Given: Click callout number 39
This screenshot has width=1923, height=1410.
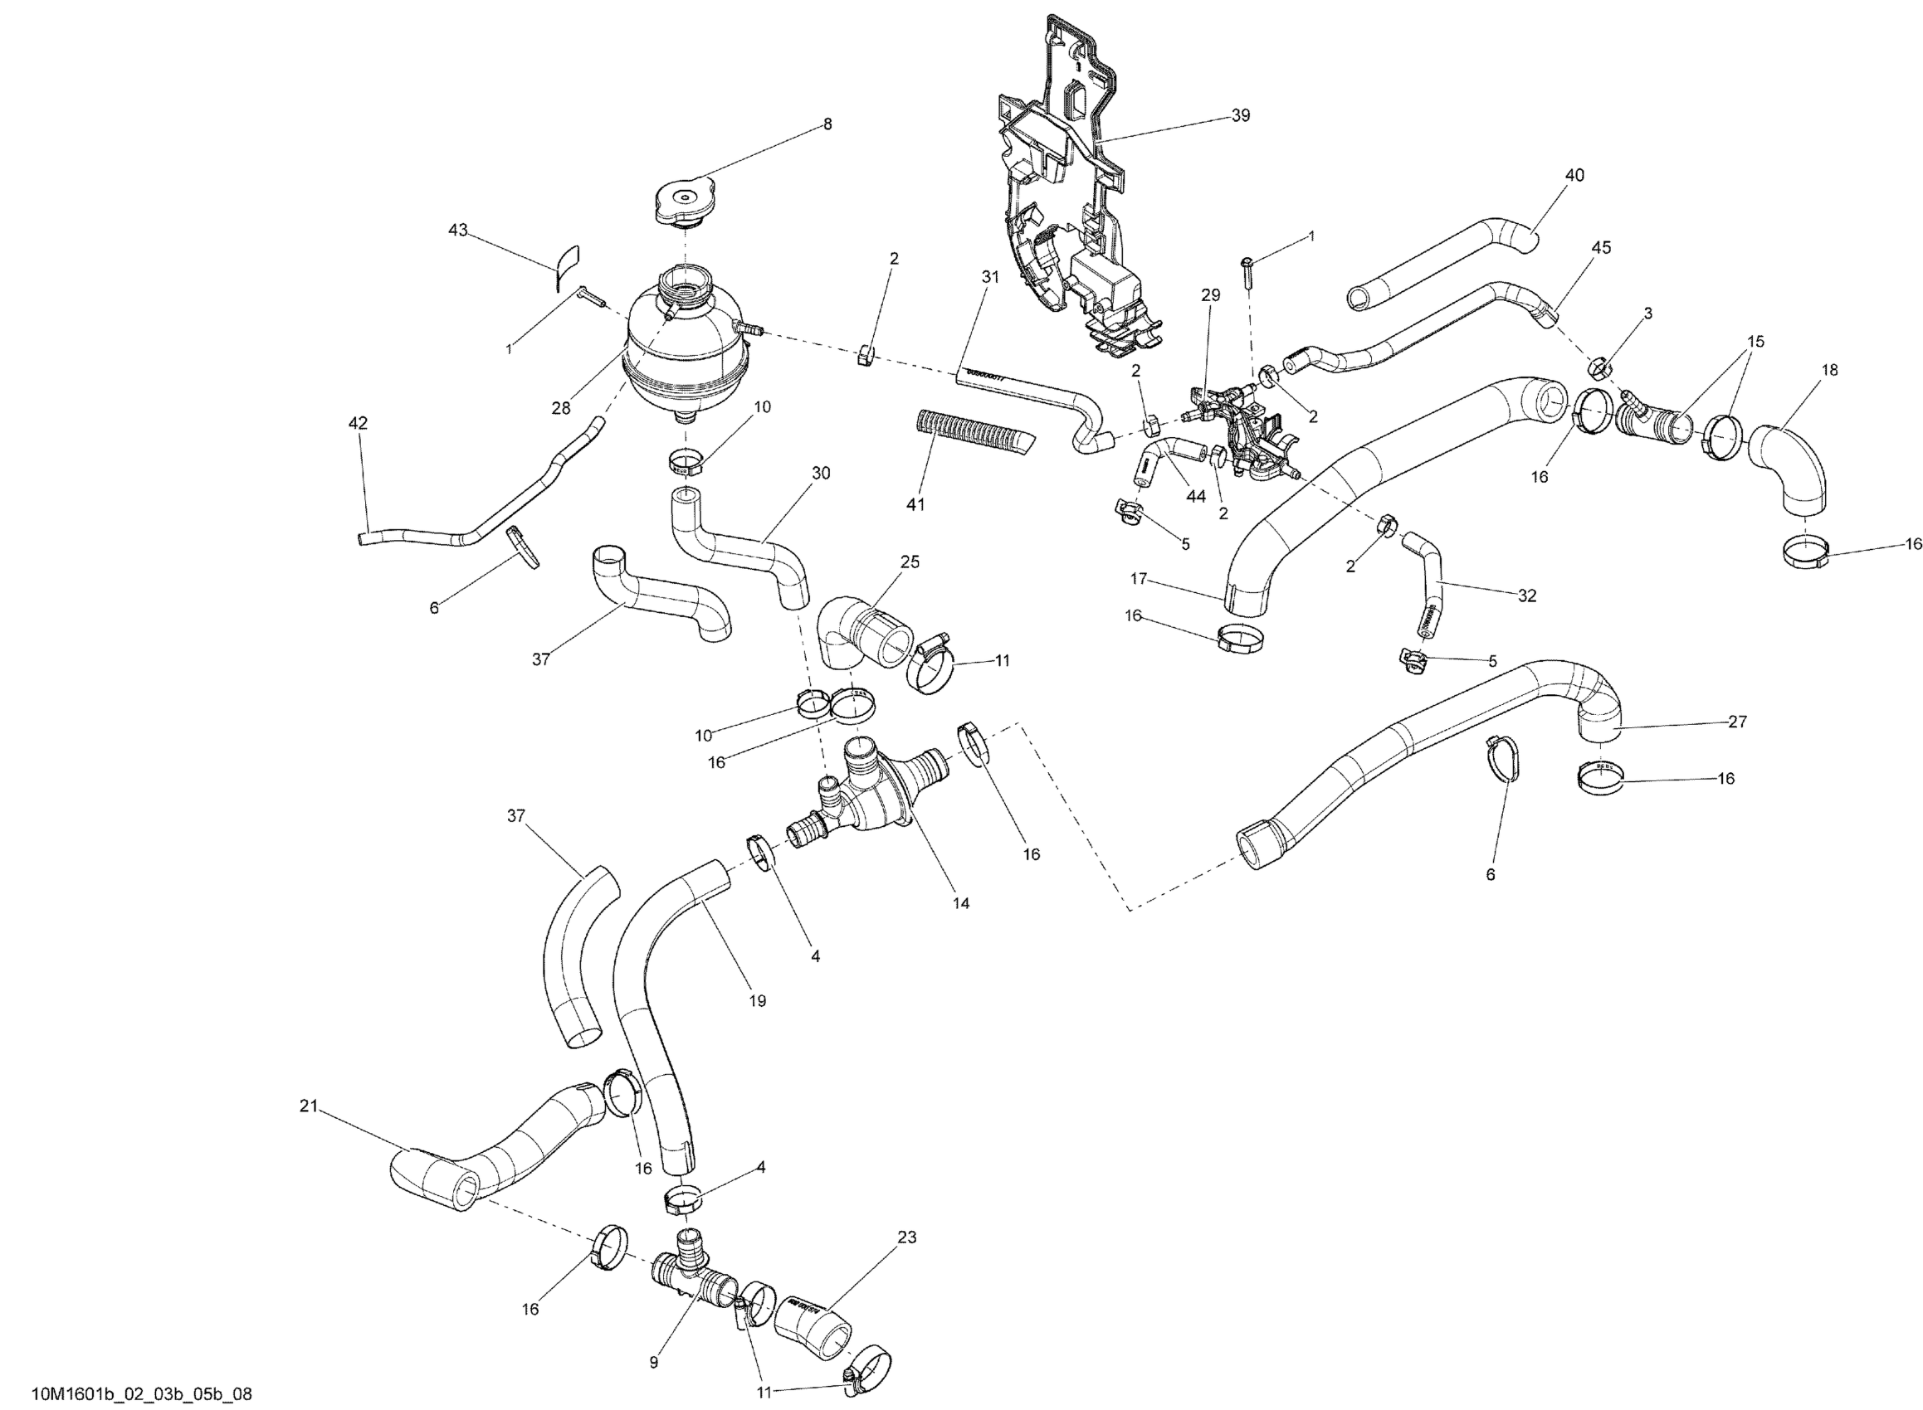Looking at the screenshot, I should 1240,115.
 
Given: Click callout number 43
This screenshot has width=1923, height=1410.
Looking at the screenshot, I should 458,230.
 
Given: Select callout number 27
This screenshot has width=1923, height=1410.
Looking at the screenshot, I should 1737,722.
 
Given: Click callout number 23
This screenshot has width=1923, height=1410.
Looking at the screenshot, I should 907,1237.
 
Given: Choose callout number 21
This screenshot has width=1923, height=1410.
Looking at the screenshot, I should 308,1106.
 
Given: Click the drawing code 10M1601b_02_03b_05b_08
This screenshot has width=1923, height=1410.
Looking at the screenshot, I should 142,1393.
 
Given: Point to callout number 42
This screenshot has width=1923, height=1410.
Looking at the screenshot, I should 358,422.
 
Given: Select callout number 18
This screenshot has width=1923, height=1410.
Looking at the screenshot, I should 1829,370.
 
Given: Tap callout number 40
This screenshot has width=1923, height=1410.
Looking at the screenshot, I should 1574,175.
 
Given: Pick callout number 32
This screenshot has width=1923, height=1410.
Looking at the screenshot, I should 1527,596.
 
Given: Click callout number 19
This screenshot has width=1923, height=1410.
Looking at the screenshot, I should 758,1000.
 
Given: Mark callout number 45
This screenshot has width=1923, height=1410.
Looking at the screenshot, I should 1601,247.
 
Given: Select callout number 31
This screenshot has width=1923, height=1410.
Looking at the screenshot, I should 989,276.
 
